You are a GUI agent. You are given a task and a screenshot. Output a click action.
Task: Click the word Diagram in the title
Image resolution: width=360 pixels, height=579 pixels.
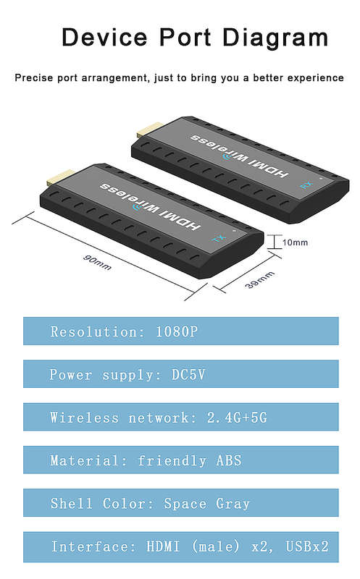pos(275,39)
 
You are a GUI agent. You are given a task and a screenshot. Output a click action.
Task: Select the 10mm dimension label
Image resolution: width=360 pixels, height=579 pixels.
pos(295,242)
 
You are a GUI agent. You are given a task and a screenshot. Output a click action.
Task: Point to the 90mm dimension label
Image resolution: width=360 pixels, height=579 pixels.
pos(97,262)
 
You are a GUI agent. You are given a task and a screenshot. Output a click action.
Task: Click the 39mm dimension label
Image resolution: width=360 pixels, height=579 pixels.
pos(260,279)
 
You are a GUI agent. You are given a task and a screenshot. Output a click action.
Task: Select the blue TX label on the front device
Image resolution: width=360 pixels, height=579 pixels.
pos(219,238)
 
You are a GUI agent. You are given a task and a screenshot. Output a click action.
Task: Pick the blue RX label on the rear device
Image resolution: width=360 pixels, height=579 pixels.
pos(307,185)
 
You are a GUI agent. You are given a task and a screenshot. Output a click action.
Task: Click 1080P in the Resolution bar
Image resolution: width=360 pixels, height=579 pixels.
pos(177,331)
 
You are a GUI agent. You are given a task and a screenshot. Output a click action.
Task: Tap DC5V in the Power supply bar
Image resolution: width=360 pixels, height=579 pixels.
pos(188,374)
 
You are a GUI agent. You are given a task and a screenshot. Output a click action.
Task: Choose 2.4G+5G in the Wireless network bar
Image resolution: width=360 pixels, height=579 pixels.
pos(237,418)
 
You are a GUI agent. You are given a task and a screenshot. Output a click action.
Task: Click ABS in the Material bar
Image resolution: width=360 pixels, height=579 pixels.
pos(229,460)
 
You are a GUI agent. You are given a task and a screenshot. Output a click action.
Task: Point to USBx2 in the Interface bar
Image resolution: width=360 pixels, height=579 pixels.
pos(307,546)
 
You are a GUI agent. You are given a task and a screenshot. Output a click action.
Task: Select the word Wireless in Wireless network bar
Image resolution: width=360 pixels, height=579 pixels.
pos(85,418)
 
